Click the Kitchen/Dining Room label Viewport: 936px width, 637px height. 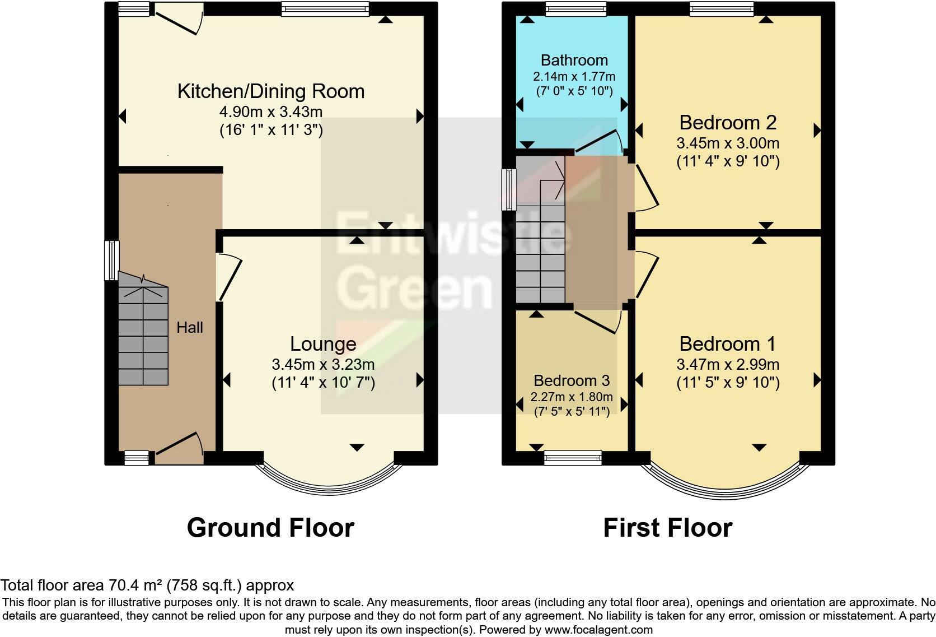click(x=271, y=91)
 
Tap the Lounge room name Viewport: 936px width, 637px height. click(x=323, y=344)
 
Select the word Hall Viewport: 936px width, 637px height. click(x=190, y=328)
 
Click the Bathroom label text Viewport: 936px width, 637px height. click(x=574, y=61)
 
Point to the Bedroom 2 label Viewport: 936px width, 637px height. click(x=728, y=123)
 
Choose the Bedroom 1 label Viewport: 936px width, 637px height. click(x=727, y=344)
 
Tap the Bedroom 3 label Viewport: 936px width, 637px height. click(x=572, y=380)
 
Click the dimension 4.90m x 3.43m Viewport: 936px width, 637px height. click(x=271, y=111)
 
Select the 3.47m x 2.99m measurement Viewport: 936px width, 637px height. click(x=728, y=365)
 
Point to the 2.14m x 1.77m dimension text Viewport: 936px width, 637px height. click(x=574, y=77)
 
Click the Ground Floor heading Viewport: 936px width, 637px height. click(x=271, y=527)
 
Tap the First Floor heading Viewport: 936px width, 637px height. click(x=668, y=527)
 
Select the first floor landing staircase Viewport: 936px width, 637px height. click(x=541, y=229)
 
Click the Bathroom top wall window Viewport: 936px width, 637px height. click(x=576, y=9)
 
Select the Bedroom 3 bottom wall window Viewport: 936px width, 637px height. click(x=573, y=458)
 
